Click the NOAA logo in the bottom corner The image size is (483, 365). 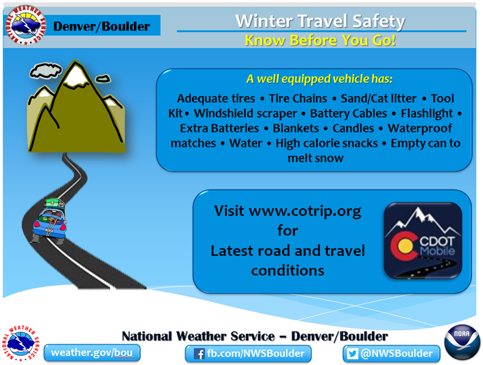(462, 342)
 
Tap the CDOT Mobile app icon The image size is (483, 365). (422, 241)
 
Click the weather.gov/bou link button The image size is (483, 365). (92, 352)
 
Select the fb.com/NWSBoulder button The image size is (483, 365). (248, 353)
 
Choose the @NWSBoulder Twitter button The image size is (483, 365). (391, 353)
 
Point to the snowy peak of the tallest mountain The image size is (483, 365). (75, 74)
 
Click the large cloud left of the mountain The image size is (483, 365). (45, 70)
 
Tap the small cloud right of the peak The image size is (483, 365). (103, 79)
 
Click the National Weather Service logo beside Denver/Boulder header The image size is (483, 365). (26, 25)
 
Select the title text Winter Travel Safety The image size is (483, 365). (320, 21)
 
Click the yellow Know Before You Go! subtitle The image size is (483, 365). (320, 40)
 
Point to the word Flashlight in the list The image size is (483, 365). (427, 113)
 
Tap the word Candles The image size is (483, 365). (353, 128)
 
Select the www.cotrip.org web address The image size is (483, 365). (305, 211)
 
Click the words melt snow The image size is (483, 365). (316, 158)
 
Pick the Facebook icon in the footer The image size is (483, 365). (200, 354)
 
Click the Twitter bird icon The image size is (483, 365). (352, 354)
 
